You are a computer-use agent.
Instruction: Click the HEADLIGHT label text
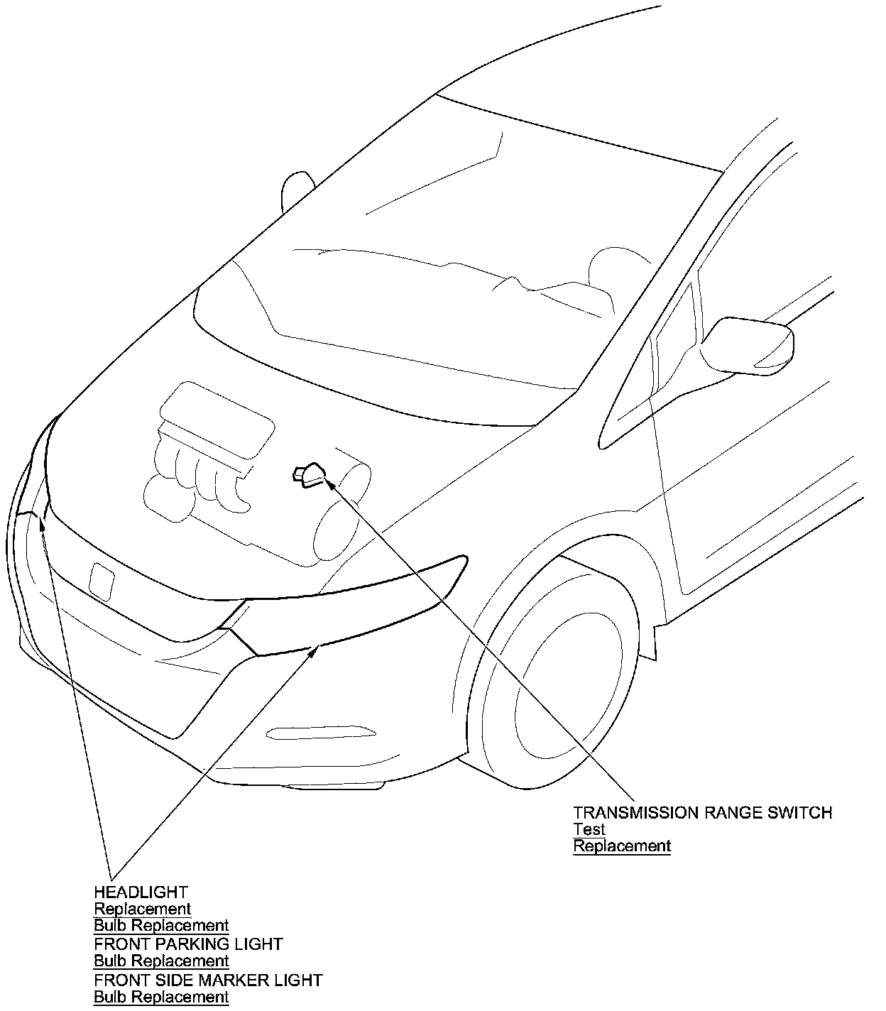tap(141, 892)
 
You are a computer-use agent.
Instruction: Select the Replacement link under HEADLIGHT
tap(143, 909)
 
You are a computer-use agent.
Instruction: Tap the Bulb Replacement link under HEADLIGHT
tap(161, 926)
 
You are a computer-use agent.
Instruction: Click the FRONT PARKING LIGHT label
tap(188, 944)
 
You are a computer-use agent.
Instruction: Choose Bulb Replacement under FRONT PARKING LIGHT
tap(161, 961)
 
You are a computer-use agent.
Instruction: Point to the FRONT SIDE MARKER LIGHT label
tap(208, 980)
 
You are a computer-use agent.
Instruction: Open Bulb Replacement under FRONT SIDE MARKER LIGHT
tap(161, 998)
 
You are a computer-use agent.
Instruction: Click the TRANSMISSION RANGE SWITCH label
tap(703, 812)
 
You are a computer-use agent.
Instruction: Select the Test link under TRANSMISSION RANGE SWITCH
tap(589, 829)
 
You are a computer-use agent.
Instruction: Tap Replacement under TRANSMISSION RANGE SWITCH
tap(622, 846)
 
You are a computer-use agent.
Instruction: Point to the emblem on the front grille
tap(102, 579)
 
